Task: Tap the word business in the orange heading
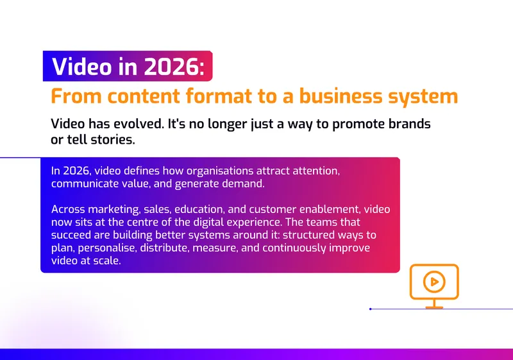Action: (x=341, y=96)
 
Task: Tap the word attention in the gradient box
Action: (x=316, y=171)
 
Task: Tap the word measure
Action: (x=215, y=248)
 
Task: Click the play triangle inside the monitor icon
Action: (x=435, y=282)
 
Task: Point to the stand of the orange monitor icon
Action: (x=434, y=304)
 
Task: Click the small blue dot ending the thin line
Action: (x=371, y=309)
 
